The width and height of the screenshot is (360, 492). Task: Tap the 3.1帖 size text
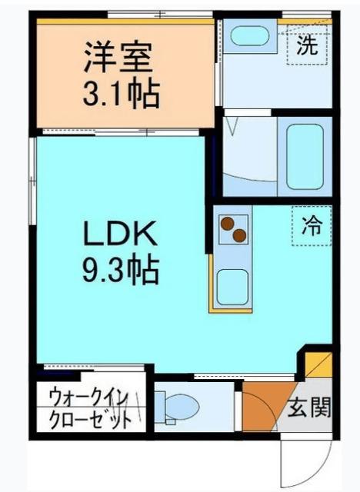click(x=121, y=95)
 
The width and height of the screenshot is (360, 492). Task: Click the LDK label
click(x=121, y=232)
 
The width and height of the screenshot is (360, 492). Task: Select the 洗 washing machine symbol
click(x=307, y=44)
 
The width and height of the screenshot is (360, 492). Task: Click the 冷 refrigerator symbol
click(x=312, y=226)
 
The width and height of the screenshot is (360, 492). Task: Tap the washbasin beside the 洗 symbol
click(x=248, y=37)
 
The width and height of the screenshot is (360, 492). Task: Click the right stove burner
click(x=241, y=234)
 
